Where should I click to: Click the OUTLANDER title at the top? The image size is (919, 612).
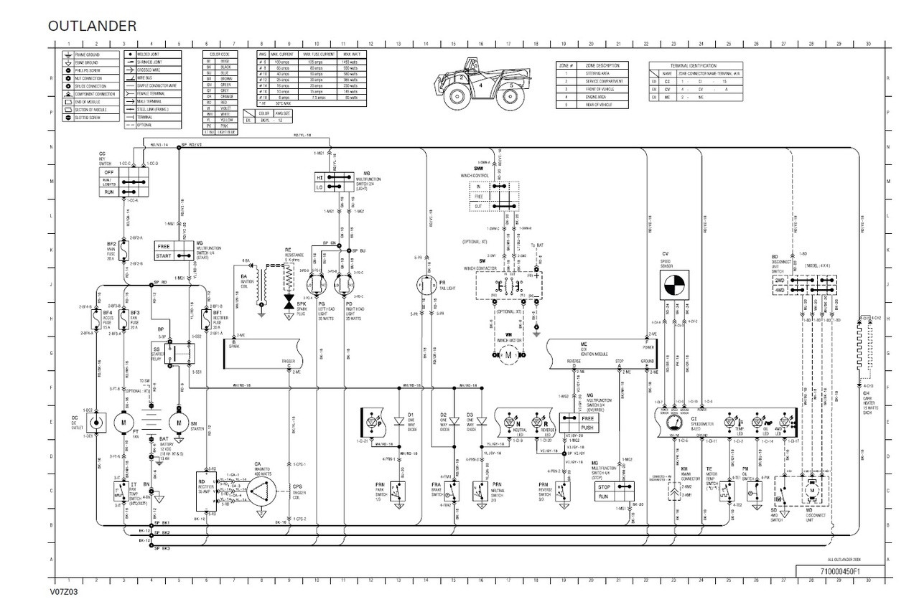pyautogui.click(x=92, y=26)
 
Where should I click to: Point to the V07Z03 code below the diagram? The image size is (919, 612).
pyautogui.click(x=63, y=593)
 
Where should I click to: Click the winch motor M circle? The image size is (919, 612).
pyautogui.click(x=508, y=354)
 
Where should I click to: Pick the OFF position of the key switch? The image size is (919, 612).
pyautogui.click(x=111, y=172)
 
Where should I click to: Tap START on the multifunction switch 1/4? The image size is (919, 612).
pyautogui.click(x=164, y=255)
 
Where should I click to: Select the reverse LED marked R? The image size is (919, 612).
pyautogui.click(x=536, y=420)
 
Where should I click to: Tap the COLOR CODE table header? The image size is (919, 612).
pyautogui.click(x=219, y=54)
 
